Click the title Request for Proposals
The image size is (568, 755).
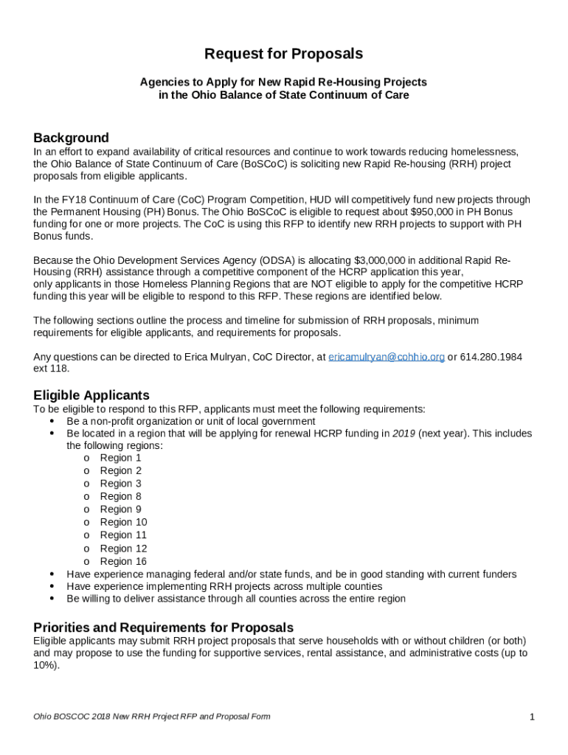283,54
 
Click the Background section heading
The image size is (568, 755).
71,138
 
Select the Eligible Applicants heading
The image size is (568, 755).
91,395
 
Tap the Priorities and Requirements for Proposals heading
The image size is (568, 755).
163,627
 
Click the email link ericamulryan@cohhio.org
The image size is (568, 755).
386,357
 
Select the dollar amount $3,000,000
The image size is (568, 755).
381,261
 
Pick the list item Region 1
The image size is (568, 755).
120,458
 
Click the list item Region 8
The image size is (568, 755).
120,496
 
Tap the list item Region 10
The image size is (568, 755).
123,522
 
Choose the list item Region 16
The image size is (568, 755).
123,561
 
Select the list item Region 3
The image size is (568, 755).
120,484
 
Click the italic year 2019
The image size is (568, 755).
404,434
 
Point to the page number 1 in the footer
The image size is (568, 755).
531,717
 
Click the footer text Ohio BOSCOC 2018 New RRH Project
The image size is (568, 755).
111,717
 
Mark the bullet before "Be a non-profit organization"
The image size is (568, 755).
52,421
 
